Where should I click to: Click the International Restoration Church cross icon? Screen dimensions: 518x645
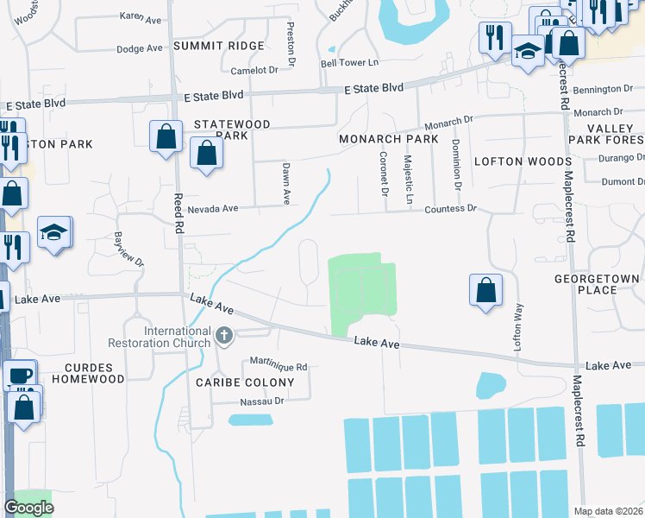click(224, 335)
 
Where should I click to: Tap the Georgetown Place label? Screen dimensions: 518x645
click(598, 284)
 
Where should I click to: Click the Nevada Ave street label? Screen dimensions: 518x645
click(213, 209)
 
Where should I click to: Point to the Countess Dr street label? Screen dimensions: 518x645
click(448, 209)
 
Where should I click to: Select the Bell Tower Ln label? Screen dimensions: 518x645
click(349, 63)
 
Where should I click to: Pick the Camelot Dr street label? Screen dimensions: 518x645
click(255, 69)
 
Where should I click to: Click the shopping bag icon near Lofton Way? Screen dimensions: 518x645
click(486, 290)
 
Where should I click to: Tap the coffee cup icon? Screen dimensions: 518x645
click(19, 376)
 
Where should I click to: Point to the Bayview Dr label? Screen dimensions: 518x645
click(128, 249)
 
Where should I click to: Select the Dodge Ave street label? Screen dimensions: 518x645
click(140, 49)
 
